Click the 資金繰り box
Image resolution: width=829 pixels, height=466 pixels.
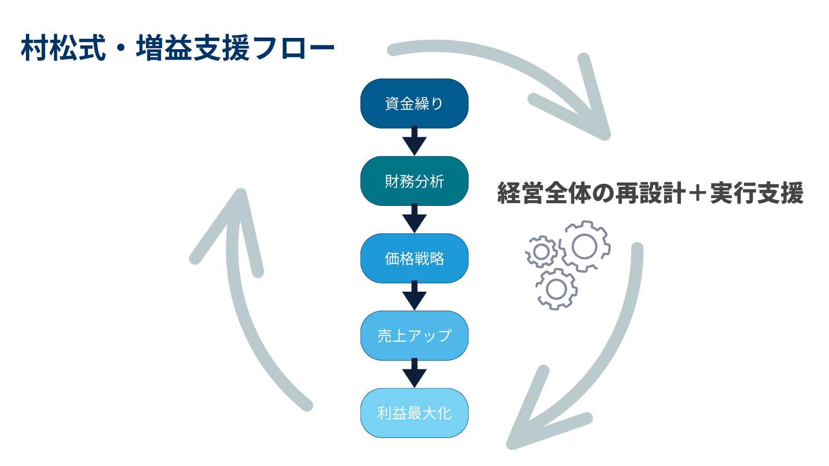414,104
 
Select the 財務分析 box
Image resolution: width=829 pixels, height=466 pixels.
414,181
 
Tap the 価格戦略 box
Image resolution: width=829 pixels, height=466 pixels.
414,258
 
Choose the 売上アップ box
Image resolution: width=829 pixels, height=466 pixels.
414,336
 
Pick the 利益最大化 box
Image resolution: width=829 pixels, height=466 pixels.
414,413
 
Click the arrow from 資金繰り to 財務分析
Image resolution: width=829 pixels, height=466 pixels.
414,142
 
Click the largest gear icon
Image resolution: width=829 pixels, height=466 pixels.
584,246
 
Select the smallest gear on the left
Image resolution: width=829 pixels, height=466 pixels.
541,252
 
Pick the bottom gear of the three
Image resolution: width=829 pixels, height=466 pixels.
557,289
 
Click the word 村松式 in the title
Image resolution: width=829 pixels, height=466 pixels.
63,48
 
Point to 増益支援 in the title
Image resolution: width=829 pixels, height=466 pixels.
193,48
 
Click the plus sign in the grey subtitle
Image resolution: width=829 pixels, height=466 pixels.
697,193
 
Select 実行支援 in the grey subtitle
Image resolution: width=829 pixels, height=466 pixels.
756,193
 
